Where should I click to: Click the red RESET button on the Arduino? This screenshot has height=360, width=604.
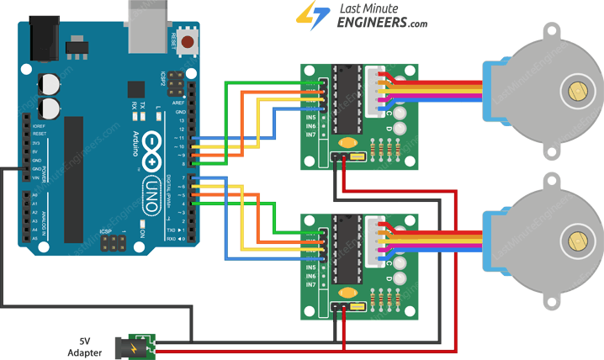(189, 40)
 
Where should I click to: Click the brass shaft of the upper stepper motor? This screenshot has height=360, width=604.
(577, 89)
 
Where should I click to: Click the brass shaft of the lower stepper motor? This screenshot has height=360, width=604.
(577, 241)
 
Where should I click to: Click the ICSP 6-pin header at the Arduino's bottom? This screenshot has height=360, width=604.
(109, 244)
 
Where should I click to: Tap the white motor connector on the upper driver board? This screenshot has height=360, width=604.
(374, 84)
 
